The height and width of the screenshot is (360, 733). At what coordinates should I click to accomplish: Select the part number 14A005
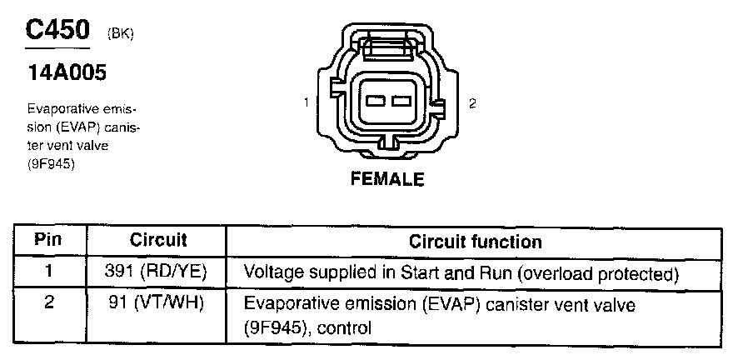(x=66, y=73)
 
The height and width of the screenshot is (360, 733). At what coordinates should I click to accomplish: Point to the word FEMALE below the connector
(x=387, y=179)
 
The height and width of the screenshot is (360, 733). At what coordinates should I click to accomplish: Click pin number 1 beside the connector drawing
(x=307, y=102)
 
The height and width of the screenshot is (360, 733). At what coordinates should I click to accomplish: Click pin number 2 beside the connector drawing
(x=472, y=103)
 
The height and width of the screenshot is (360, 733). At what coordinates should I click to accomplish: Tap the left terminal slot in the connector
(x=374, y=102)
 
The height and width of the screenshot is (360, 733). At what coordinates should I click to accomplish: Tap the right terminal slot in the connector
(x=401, y=102)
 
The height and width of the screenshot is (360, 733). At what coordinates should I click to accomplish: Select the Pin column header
(x=48, y=241)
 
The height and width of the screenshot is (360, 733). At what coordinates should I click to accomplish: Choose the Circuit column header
(x=158, y=241)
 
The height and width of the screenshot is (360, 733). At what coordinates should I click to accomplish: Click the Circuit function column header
(x=475, y=242)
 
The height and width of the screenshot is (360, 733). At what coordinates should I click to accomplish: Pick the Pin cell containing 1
(x=48, y=272)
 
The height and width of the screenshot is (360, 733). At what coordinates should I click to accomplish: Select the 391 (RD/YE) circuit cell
(x=158, y=272)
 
